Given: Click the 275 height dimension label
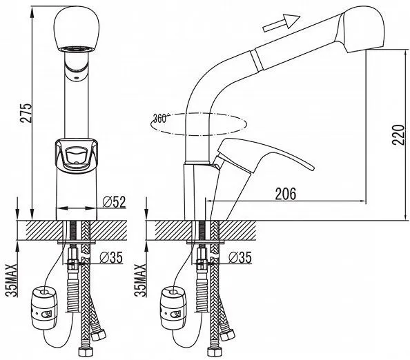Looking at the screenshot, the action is (26, 113).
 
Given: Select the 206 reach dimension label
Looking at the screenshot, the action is (286, 194).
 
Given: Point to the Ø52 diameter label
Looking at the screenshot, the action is (114, 201).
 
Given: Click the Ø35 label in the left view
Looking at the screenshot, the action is (111, 257).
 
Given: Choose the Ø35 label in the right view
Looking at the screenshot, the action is (240, 257).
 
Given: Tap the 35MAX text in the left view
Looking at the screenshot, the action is (11, 280).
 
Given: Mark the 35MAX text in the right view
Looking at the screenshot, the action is (140, 280).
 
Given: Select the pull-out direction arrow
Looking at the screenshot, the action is (282, 23).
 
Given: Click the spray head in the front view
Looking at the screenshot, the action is (77, 29).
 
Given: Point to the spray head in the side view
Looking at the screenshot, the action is (361, 29).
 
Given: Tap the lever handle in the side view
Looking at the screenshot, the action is (264, 154).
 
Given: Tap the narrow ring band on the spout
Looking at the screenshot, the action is (255, 60).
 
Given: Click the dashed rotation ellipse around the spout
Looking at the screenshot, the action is (198, 124).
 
